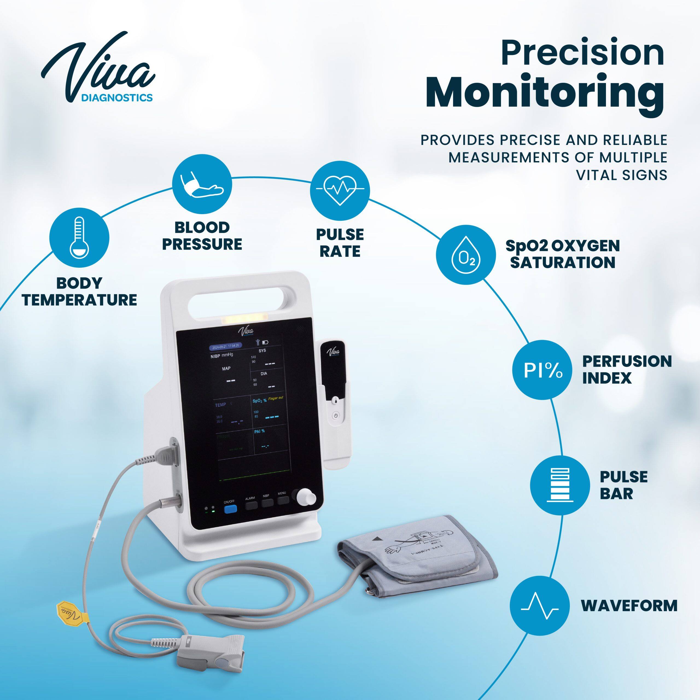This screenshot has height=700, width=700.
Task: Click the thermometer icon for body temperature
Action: click(79, 238)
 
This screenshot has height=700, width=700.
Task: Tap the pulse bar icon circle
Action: click(559, 485)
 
